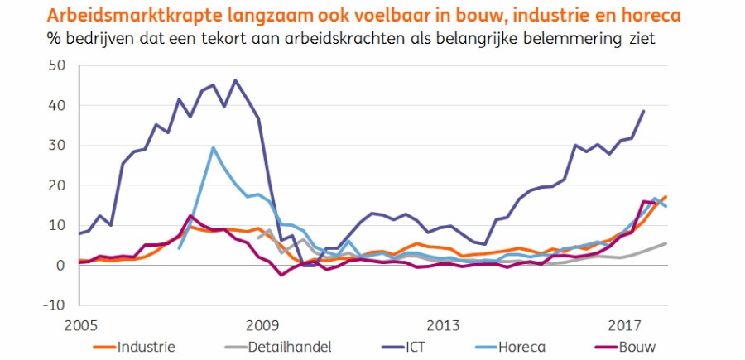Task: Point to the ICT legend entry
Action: click(x=414, y=346)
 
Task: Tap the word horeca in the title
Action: click(x=663, y=16)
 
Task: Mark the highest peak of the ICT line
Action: click(x=235, y=80)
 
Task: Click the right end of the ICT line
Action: click(x=644, y=111)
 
